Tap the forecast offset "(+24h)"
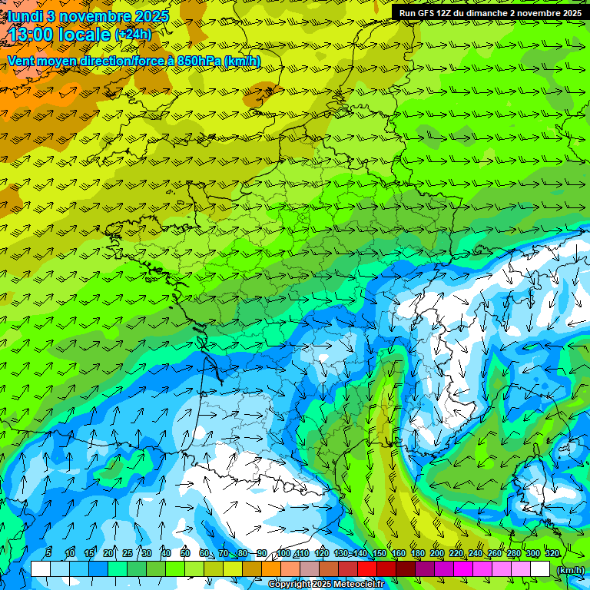click(x=133, y=35)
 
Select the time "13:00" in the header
click(x=32, y=35)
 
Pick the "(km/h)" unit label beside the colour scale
click(x=569, y=569)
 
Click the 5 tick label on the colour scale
click(x=48, y=553)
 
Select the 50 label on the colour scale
click(x=184, y=553)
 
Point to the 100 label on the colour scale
click(x=283, y=553)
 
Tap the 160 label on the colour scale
click(x=398, y=553)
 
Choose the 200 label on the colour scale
click(x=437, y=553)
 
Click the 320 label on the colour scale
click(x=552, y=553)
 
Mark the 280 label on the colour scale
click(x=514, y=553)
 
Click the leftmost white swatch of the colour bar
click(x=40, y=569)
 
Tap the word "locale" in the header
click(x=85, y=35)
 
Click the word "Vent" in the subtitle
click(x=22, y=61)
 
